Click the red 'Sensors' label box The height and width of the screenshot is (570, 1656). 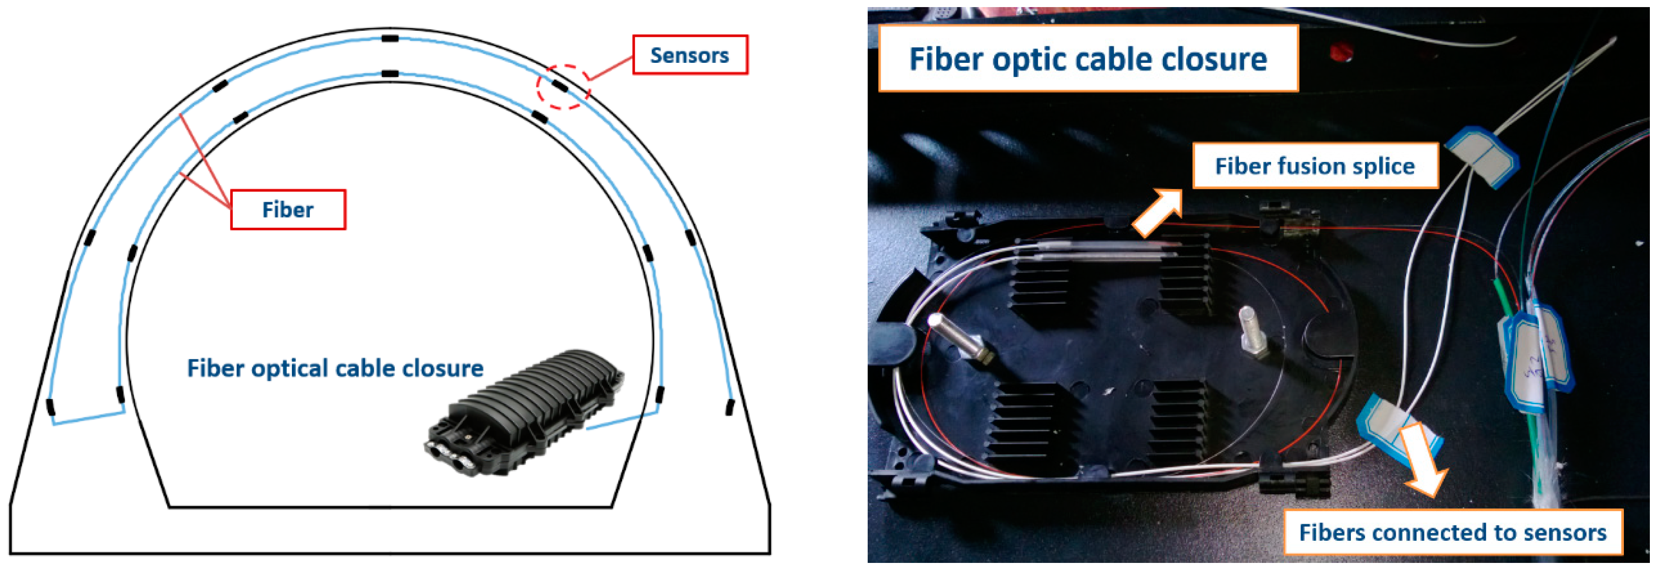[690, 55]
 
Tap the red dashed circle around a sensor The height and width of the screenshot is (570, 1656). [563, 86]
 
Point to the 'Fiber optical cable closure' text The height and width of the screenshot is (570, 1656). [335, 368]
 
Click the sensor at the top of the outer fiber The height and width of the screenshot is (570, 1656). [390, 39]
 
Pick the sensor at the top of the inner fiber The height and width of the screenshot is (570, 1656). [390, 74]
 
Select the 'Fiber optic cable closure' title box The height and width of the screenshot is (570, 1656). [1088, 59]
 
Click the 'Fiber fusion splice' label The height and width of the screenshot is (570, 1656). [1315, 166]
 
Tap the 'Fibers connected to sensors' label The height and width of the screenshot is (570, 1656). [1452, 532]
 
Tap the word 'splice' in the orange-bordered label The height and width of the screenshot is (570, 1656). [1383, 166]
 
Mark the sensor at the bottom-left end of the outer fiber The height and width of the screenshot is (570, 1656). [51, 407]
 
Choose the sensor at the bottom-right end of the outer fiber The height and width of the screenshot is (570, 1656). [730, 407]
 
